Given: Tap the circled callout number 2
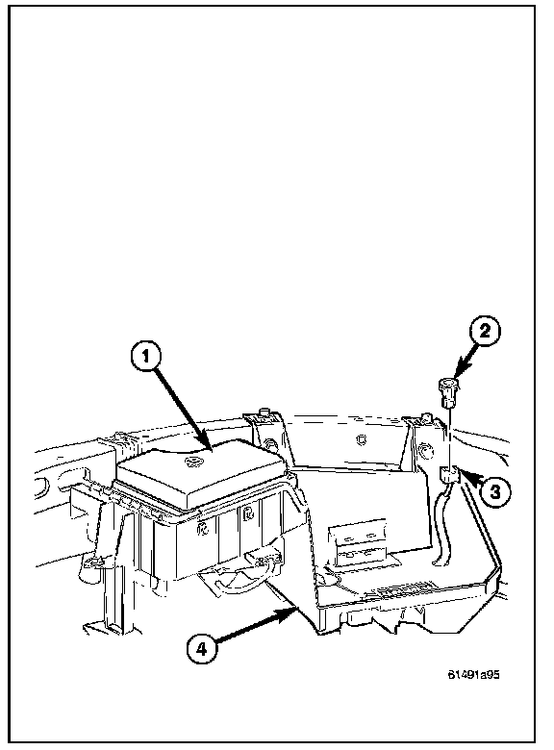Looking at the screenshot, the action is point(485,331).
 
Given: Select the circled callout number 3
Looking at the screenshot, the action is point(494,490).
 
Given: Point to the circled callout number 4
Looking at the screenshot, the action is point(202,649).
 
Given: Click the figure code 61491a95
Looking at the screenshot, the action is point(473,674).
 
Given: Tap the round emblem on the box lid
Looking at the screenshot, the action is point(193,462).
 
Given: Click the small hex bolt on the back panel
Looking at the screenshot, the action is point(362,438).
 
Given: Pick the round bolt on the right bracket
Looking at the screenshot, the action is point(423,450).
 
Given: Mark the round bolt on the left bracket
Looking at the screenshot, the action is point(271,444).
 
